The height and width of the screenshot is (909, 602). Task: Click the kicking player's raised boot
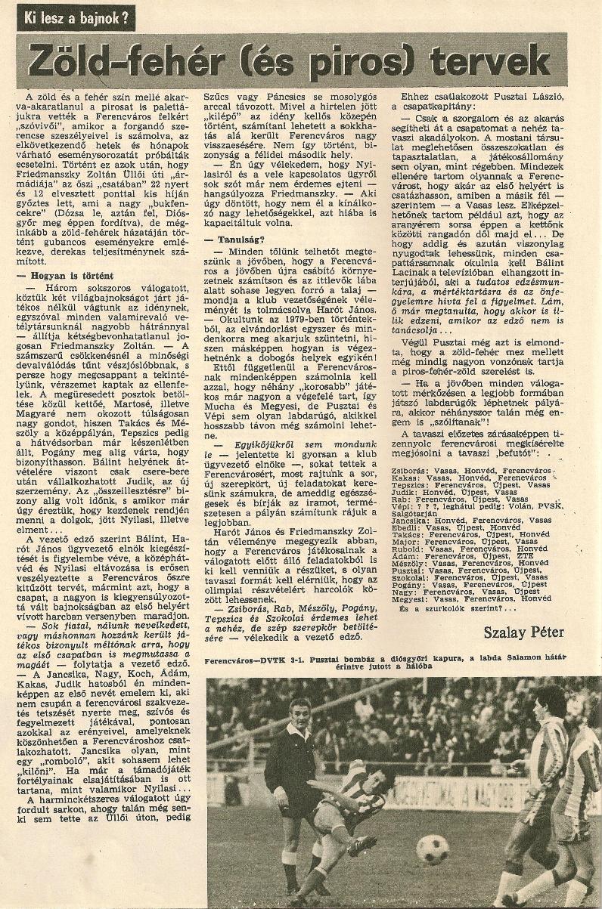(x=362, y=843)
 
